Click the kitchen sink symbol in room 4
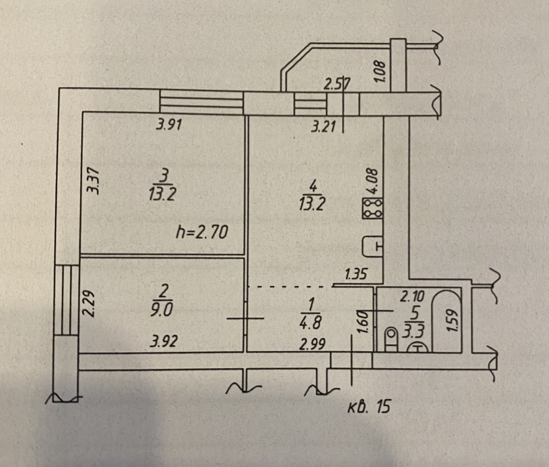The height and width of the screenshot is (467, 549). click(x=372, y=246)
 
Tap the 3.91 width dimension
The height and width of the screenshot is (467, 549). click(x=169, y=125)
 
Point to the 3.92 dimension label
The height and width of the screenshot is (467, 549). click(x=164, y=341)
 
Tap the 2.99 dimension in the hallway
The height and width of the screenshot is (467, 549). click(x=312, y=345)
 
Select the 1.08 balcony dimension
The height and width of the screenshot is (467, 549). click(x=381, y=70)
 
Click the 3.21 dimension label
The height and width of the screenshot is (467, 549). click(x=323, y=126)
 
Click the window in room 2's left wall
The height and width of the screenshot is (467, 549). click(x=67, y=300)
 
